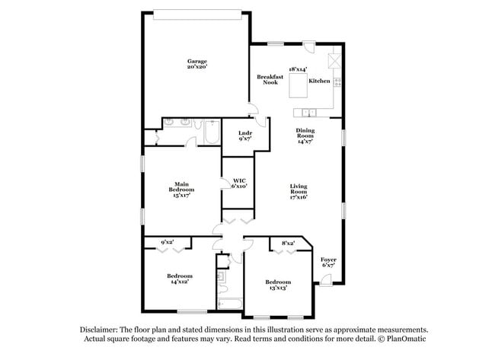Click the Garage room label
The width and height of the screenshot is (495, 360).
[197, 61]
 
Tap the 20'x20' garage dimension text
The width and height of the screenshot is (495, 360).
[197, 67]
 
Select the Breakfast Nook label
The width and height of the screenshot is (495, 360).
[270, 79]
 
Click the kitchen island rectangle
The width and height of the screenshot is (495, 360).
[298, 85]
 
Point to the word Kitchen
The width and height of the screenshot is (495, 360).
[319, 81]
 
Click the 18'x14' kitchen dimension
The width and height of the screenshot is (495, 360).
[298, 69]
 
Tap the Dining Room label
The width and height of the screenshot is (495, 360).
[305, 133]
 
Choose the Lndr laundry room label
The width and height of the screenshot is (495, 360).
[245, 133]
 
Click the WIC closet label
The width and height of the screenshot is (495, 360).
[239, 181]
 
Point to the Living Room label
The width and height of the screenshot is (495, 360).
[299, 189]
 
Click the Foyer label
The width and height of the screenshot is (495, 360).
[328, 260]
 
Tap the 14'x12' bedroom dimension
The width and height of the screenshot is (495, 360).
[180, 282]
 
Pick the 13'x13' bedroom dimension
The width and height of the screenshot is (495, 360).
[278, 288]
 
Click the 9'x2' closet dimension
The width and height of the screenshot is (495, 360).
[168, 242]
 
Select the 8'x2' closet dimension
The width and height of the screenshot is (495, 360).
[288, 244]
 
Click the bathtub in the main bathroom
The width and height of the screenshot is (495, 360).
[212, 132]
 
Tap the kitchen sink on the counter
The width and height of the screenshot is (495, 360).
[308, 113]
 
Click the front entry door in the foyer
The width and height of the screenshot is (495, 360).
[326, 280]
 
